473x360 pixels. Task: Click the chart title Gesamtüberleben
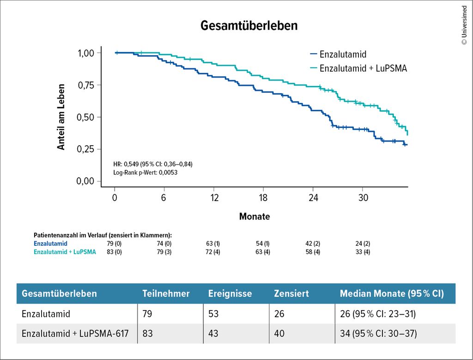[249, 26]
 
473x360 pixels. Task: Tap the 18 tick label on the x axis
[263, 196]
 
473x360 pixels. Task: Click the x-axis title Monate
[255, 216]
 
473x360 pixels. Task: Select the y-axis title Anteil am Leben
[61, 116]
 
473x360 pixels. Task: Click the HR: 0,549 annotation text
[152, 164]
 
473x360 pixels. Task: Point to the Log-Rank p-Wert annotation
[145, 172]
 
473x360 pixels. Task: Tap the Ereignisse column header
[230, 294]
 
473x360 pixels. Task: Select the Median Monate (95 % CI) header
[392, 294]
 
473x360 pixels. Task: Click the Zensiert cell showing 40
[279, 334]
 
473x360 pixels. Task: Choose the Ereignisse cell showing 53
[213, 314]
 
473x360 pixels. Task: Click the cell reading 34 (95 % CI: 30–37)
[378, 334]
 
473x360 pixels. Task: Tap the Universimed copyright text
[464, 25]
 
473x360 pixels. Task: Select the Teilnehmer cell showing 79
[147, 314]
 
